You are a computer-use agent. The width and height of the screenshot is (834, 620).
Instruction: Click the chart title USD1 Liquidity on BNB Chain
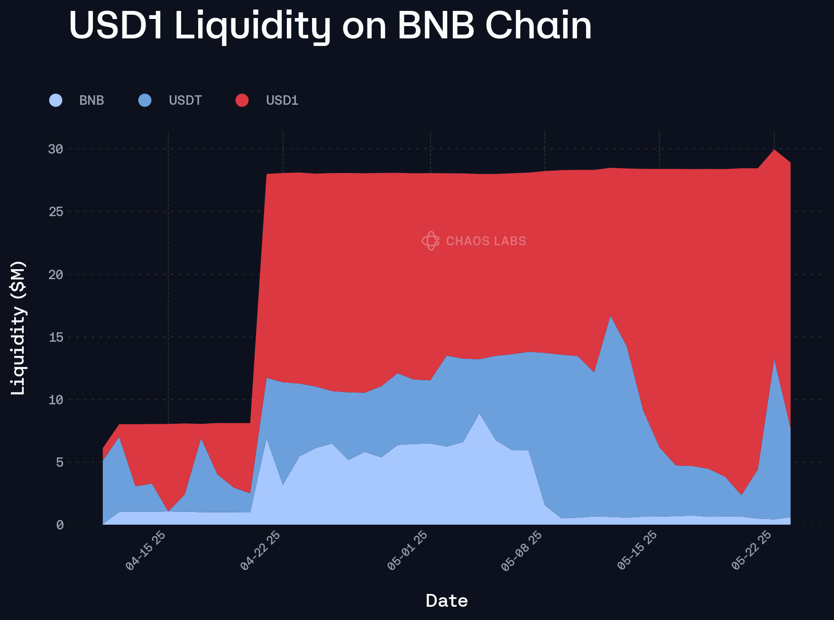pos(330,26)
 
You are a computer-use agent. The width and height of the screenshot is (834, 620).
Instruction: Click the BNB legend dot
pos(56,100)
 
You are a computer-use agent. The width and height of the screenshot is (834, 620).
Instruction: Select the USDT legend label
pos(185,100)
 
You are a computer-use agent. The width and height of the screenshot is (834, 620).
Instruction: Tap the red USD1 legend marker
pos(242,100)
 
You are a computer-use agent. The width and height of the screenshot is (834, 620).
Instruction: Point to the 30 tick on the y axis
pos(55,149)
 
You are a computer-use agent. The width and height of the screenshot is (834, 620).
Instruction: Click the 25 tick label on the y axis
pos(55,211)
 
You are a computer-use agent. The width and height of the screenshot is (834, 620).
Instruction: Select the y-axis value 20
pos(55,274)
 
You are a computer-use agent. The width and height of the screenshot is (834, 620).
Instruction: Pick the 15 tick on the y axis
pos(55,337)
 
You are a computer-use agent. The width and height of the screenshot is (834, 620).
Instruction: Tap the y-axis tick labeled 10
pos(55,400)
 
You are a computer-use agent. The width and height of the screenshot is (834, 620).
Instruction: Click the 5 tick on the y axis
pos(59,462)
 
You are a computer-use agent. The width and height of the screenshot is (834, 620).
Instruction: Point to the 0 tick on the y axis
pos(59,525)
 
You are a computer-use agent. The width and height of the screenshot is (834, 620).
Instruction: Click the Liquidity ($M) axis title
pos(18,328)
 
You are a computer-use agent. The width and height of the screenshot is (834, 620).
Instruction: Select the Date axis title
pos(447,601)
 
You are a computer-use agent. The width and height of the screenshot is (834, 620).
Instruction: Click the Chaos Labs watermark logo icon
pos(431,241)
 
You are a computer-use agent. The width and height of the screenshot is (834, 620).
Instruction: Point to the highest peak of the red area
pos(774,150)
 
